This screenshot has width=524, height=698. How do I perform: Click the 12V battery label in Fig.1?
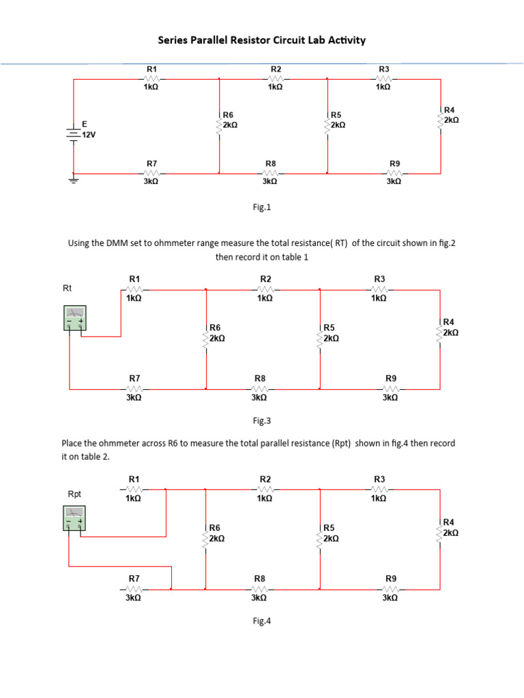(89, 135)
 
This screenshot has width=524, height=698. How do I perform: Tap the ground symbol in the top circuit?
(74, 179)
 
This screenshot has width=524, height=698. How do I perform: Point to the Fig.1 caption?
(262, 207)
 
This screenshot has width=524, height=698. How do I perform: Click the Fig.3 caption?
(262, 421)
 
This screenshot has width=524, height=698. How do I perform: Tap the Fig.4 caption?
(262, 621)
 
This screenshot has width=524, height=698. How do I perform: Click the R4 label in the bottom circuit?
(448, 522)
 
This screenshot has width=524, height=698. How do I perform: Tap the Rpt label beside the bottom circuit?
(74, 494)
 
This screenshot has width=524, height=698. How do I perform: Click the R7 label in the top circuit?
(152, 164)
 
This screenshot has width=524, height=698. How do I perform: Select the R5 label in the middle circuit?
(330, 328)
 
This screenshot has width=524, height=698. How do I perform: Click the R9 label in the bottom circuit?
(390, 579)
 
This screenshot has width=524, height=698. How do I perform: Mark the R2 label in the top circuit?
(276, 70)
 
